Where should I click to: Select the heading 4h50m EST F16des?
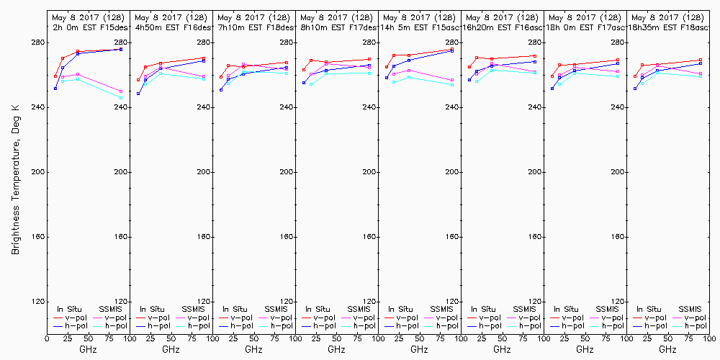click(x=171, y=27)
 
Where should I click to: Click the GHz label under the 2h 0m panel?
click(x=88, y=349)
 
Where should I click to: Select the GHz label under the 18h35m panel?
click(x=667, y=349)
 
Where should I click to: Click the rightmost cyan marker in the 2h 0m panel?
click(x=121, y=97)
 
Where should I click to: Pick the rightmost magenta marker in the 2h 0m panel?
click(x=121, y=91)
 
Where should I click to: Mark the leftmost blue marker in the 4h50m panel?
click(x=138, y=94)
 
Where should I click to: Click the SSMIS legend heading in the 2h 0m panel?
click(x=111, y=309)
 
